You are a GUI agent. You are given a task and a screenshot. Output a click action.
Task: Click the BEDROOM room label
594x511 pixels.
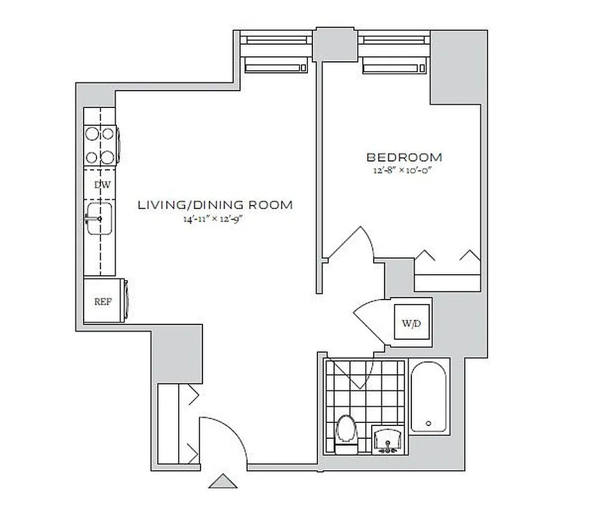point(404,157)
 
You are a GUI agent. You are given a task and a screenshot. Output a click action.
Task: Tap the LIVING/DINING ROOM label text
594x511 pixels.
point(216,205)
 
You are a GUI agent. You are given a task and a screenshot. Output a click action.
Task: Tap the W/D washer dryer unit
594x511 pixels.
point(411,324)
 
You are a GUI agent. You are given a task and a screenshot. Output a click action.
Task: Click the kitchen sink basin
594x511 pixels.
point(100,218)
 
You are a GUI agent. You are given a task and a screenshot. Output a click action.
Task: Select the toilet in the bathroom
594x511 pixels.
point(346,432)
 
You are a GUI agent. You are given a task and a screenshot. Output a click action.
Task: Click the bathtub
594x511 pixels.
point(430,397)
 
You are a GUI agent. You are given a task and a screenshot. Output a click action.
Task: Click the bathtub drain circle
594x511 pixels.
point(428,423)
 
